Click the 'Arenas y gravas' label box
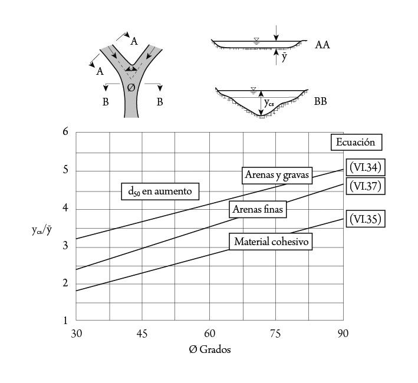[x=277, y=174]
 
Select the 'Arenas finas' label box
[x=259, y=209]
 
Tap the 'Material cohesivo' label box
[x=271, y=242]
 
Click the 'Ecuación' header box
[x=356, y=142]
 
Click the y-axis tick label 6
[x=65, y=131]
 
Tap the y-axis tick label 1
[x=65, y=321]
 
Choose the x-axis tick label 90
[x=343, y=334]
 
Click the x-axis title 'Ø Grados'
[x=210, y=349]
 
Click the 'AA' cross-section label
[x=322, y=45]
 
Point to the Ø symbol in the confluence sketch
[x=131, y=87]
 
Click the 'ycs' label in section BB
[x=269, y=103]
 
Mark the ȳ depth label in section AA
[x=284, y=57]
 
